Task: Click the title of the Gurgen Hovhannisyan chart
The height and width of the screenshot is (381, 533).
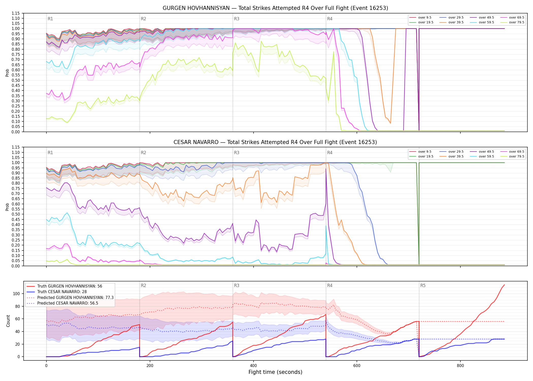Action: [x=275, y=8]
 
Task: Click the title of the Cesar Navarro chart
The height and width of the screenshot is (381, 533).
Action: [x=275, y=142]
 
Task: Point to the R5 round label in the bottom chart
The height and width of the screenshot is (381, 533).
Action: [x=423, y=285]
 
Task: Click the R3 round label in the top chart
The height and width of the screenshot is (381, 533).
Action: [x=237, y=19]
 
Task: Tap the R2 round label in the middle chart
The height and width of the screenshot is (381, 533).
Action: [x=143, y=153]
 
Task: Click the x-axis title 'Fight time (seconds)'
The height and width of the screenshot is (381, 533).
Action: [x=275, y=372]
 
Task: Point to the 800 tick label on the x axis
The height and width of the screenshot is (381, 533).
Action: [x=460, y=366]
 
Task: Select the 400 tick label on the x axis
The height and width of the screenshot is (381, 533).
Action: [x=253, y=366]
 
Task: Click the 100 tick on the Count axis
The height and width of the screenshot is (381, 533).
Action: [x=16, y=294]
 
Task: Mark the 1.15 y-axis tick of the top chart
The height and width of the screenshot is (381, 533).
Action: [x=16, y=13]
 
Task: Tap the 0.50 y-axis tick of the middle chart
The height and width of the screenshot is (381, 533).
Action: [x=16, y=214]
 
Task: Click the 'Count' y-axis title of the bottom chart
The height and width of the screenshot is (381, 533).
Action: [x=8, y=321]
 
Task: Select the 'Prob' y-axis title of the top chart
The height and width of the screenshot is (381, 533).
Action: [x=7, y=73]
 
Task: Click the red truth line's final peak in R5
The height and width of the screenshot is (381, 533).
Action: [x=504, y=285]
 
